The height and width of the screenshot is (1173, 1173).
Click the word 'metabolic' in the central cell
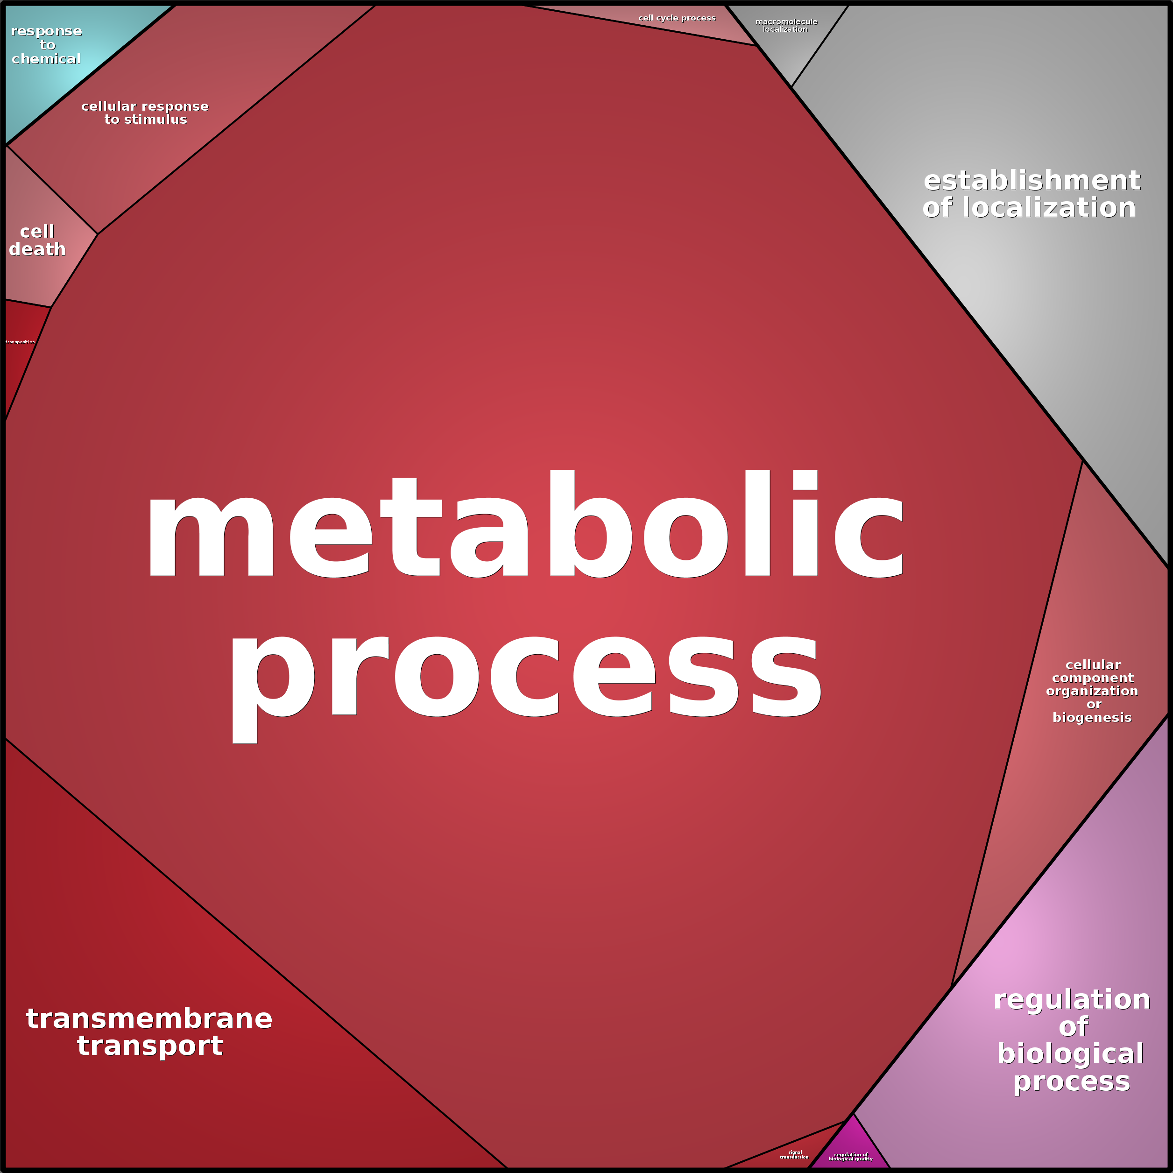pos(525,525)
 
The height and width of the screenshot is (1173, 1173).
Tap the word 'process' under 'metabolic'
pos(525,677)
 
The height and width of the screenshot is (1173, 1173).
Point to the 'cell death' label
pos(37,240)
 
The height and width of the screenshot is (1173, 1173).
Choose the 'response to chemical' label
pos(46,45)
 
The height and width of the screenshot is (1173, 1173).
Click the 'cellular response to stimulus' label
pos(145,113)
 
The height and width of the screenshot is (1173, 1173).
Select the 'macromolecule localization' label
pos(785,26)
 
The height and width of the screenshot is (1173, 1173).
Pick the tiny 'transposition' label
pos(20,342)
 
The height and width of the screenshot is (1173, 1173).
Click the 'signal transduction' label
pos(794,1155)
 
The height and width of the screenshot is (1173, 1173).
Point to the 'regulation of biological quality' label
pos(851,1157)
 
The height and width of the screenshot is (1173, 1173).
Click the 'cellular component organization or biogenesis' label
pos(1092,691)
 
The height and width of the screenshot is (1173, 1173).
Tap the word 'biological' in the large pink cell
pos(1070,1053)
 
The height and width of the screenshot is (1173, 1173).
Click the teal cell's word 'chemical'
pos(46,59)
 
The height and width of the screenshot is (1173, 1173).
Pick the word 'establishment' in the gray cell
pos(1032,180)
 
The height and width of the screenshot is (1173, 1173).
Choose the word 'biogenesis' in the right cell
pos(1092,718)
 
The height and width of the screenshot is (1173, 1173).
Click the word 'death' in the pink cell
pos(37,249)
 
